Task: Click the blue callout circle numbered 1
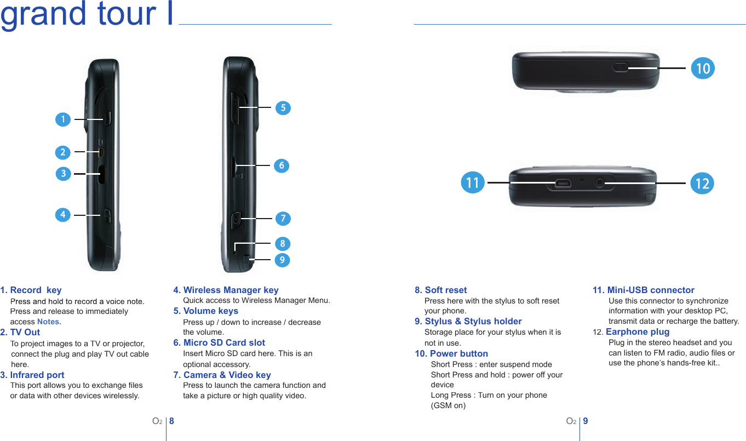[x=63, y=119]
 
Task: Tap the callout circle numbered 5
[x=283, y=108]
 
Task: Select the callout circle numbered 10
[x=703, y=68]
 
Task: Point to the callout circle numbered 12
[x=702, y=184]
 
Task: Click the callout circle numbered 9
[x=282, y=259]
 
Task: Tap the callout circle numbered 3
[x=64, y=174]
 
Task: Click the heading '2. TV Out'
[x=20, y=332]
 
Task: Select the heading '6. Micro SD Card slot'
[x=219, y=342]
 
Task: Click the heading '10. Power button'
[x=451, y=353]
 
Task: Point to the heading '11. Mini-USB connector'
[x=644, y=290]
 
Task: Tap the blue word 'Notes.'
[x=49, y=322]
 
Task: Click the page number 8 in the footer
[x=171, y=421]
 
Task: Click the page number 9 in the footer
[x=586, y=421]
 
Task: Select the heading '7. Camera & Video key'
[x=222, y=375]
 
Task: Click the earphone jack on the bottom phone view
[x=600, y=182]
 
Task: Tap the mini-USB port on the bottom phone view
[x=563, y=182]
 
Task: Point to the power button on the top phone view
[x=620, y=67]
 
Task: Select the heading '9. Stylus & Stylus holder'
[x=468, y=321]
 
